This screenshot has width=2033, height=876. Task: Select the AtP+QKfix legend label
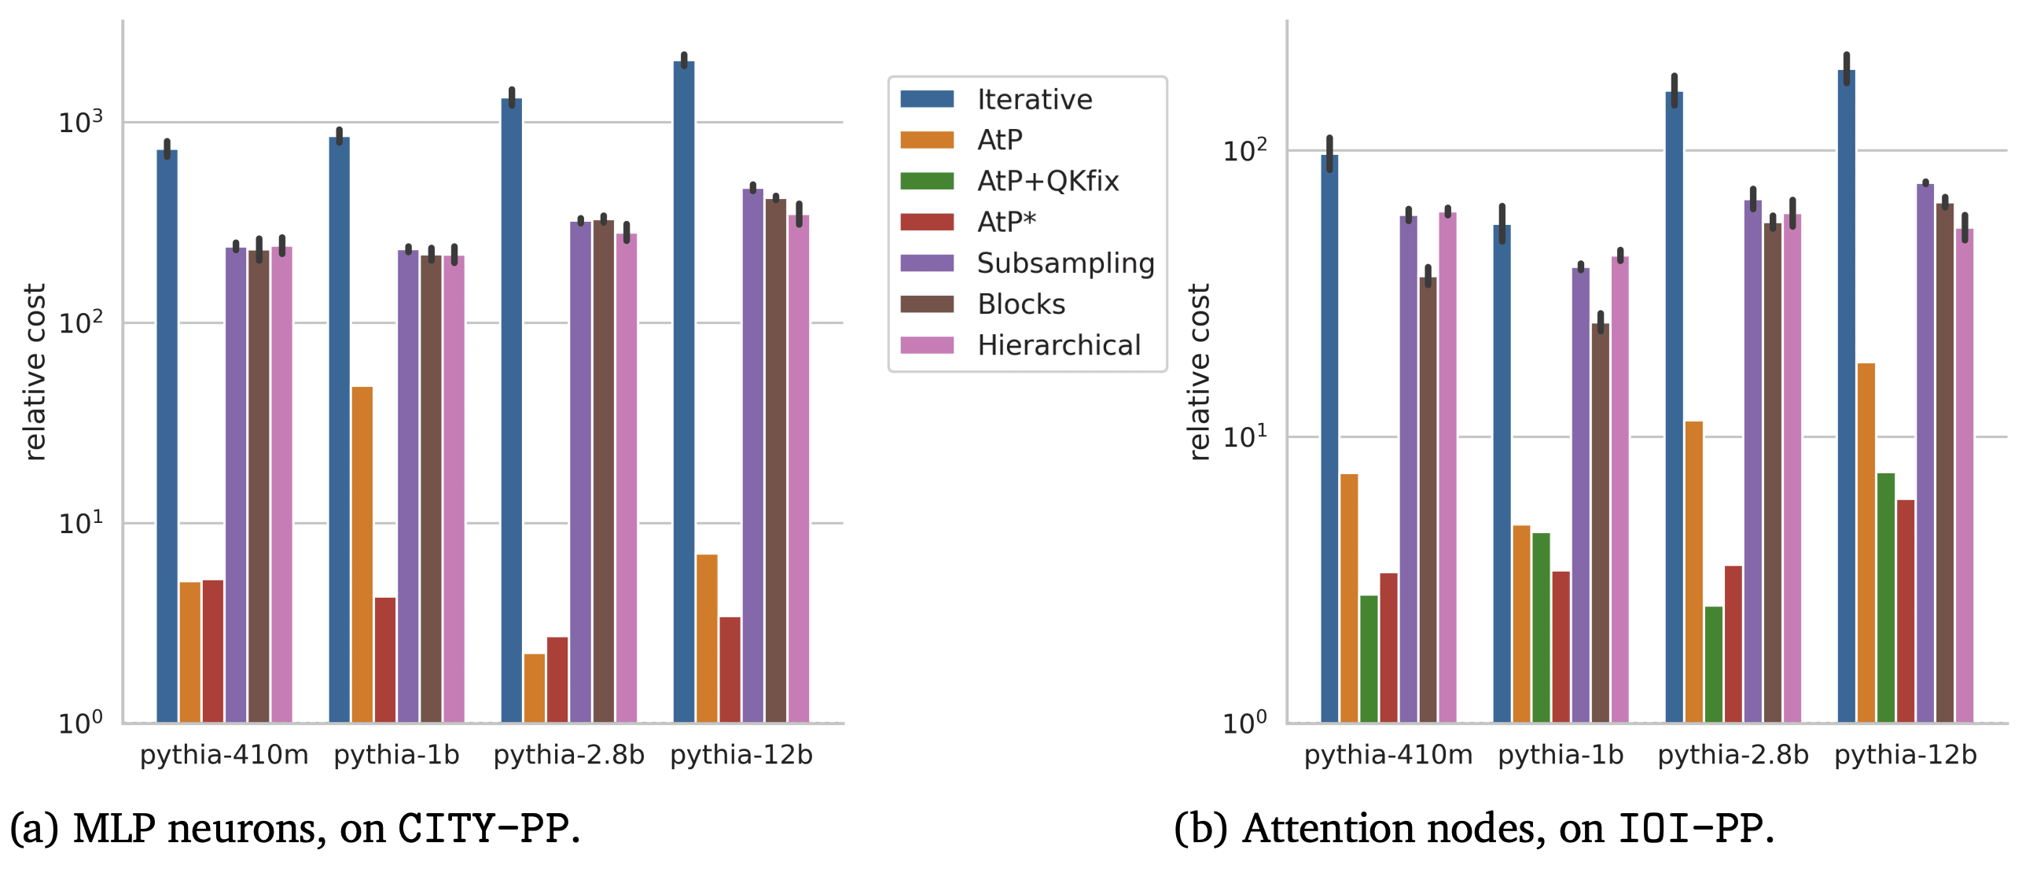[x=1047, y=182]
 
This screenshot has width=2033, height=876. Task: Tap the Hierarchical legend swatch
[x=927, y=345]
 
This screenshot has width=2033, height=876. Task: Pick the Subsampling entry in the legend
[x=1064, y=263]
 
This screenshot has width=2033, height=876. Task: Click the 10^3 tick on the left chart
[x=80, y=123]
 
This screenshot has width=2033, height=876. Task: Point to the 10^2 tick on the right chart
[x=1244, y=150]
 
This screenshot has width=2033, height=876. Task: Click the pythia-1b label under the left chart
[x=396, y=755]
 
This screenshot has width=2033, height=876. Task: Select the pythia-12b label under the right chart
[x=1905, y=755]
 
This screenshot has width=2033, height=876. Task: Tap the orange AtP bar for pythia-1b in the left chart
[x=362, y=553]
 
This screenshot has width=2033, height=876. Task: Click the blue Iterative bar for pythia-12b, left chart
[x=683, y=395]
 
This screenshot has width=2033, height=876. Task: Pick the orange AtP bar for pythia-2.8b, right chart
[x=1693, y=572]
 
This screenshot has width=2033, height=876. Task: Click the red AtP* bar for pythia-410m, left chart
[x=213, y=651]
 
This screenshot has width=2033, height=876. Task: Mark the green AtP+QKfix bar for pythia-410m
[x=1369, y=659]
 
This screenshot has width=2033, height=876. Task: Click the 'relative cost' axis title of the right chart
[x=1199, y=371]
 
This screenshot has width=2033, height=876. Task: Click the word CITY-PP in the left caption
[x=483, y=829]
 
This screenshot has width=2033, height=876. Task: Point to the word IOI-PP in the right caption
[x=1689, y=829]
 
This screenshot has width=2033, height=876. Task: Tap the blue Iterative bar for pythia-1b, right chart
[x=1502, y=473]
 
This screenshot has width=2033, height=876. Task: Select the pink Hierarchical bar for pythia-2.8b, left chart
[x=627, y=477]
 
